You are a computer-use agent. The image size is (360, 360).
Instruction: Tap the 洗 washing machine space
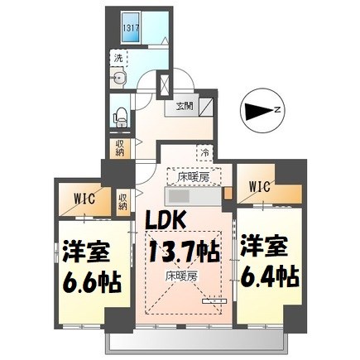pos(118,60)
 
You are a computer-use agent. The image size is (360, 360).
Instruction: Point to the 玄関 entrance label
pos(184,106)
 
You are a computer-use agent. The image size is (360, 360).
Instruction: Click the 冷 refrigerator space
pos(204,152)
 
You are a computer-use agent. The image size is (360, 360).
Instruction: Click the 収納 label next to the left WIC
pos(122,202)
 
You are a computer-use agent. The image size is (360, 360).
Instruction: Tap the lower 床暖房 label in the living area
pos(180,274)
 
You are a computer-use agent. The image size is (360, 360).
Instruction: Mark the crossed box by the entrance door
pos(163,86)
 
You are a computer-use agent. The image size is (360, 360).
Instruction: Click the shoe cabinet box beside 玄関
pos(208,105)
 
